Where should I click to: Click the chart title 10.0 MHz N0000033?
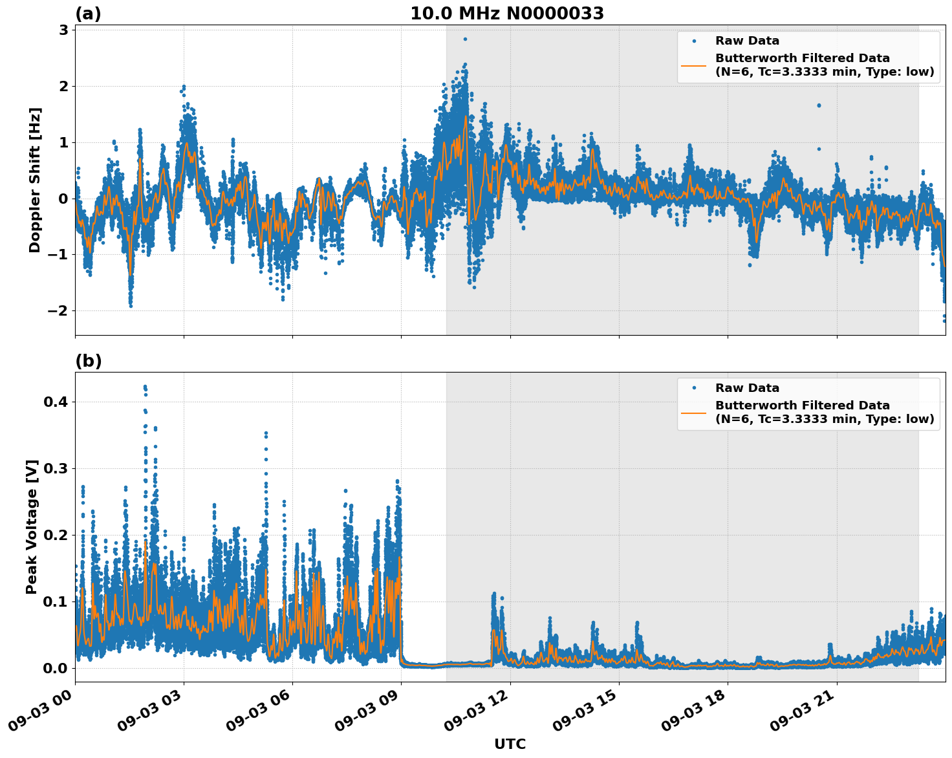tap(507, 14)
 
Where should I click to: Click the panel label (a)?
tap(88, 14)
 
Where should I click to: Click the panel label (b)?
tap(88, 361)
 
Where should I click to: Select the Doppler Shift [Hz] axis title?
tap(35, 180)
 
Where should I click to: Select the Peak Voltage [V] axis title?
tap(32, 526)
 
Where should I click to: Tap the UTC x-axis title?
tap(510, 744)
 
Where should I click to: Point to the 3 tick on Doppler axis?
tap(63, 30)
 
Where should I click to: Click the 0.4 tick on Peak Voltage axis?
tap(56, 402)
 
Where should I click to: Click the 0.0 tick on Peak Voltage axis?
tap(56, 668)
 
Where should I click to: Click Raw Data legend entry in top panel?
tap(747, 41)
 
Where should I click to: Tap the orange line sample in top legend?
tap(694, 65)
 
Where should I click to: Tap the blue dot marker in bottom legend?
tap(694, 388)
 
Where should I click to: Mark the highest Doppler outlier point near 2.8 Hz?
tap(465, 39)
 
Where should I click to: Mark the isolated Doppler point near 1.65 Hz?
tap(818, 105)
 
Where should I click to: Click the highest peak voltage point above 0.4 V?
tap(145, 387)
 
